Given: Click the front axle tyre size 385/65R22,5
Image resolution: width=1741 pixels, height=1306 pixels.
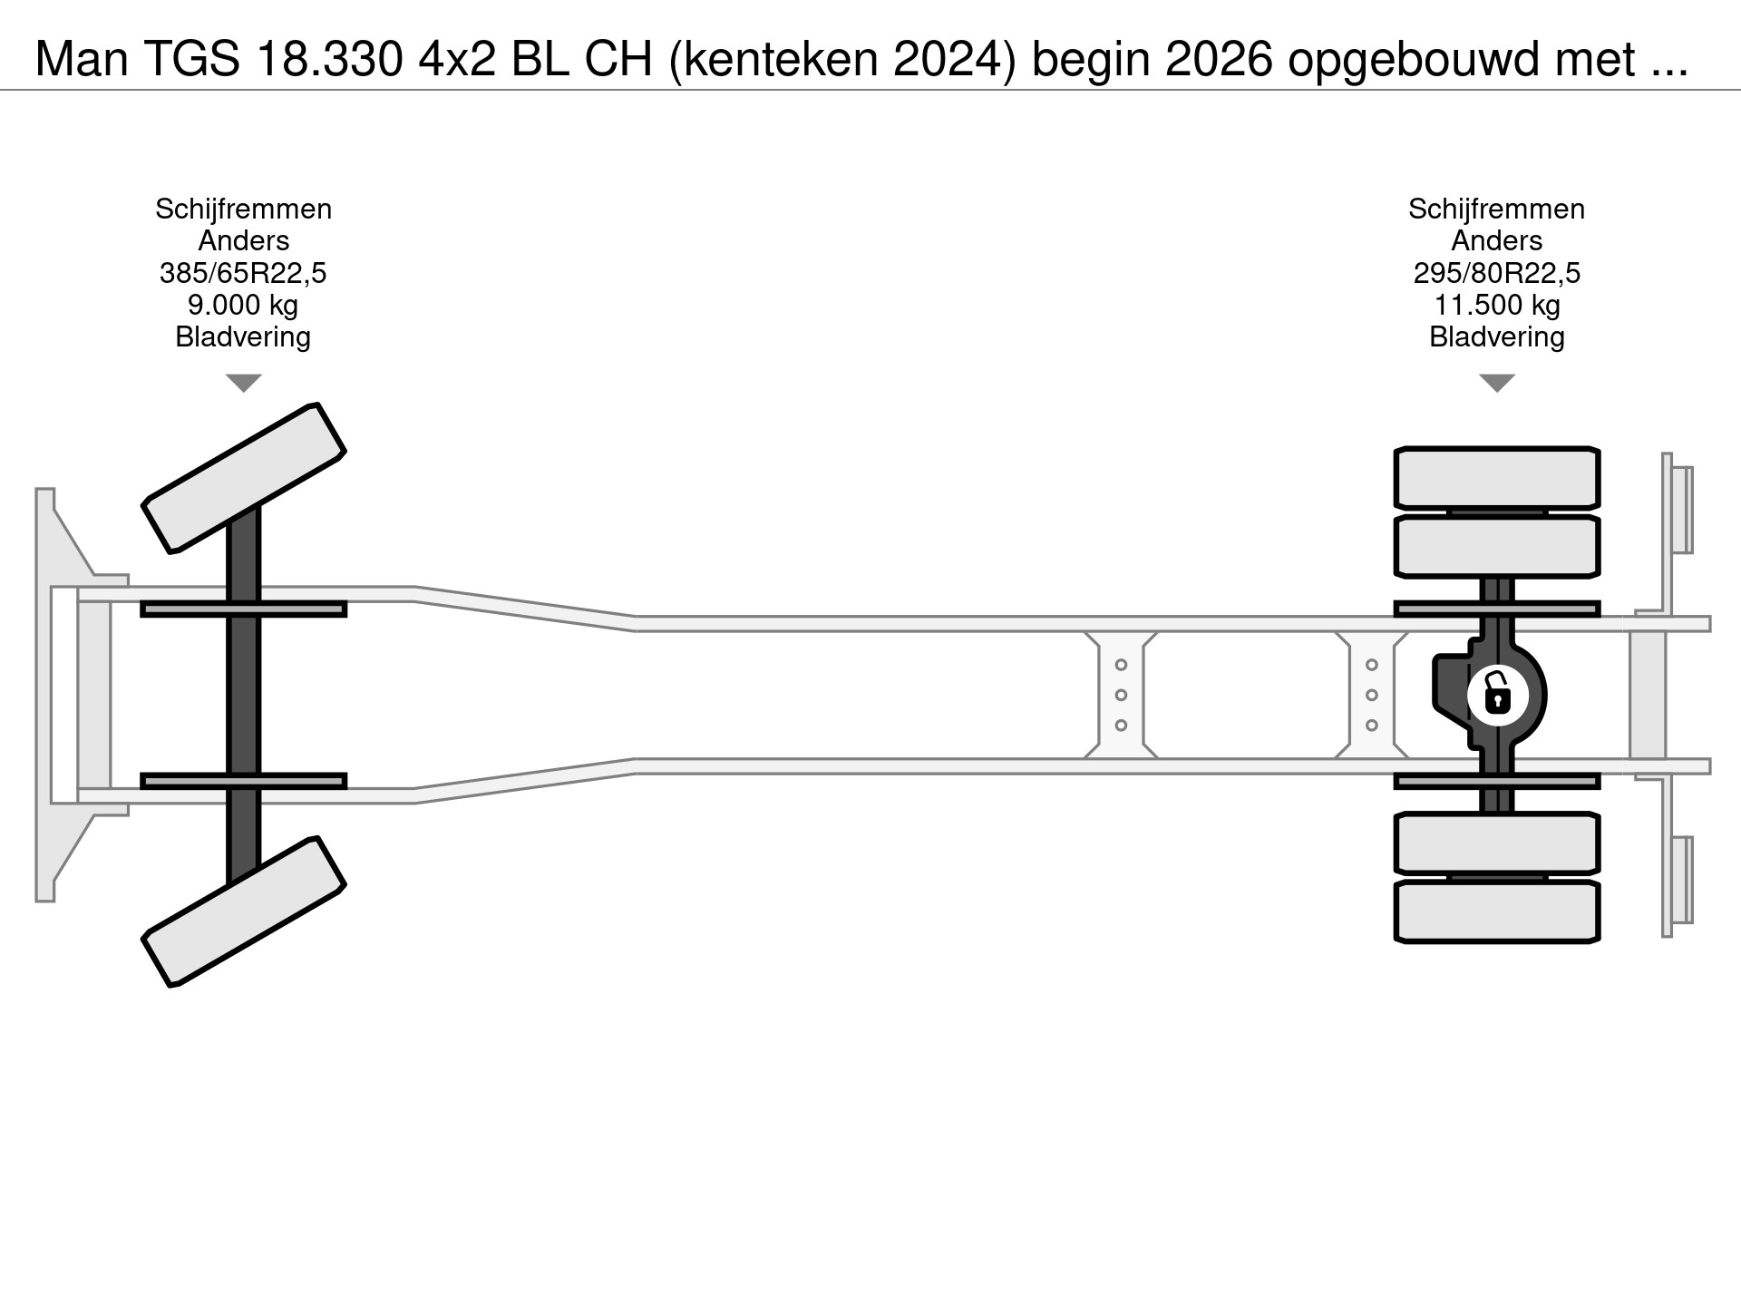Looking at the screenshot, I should click(x=243, y=273).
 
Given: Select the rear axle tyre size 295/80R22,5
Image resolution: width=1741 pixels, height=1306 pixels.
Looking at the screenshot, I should click(x=1496, y=273).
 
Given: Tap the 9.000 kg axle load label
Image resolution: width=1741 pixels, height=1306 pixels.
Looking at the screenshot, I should click(x=243, y=305).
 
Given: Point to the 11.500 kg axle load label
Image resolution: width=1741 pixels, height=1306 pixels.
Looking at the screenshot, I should click(x=1496, y=305).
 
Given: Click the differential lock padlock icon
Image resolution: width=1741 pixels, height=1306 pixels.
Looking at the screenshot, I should click(x=1497, y=696).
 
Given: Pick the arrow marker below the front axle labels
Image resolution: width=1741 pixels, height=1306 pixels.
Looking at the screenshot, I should click(x=243, y=383).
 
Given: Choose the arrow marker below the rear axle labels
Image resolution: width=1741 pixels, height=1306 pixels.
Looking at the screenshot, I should click(x=1496, y=383).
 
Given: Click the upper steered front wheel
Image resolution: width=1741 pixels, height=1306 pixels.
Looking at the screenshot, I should click(x=244, y=478).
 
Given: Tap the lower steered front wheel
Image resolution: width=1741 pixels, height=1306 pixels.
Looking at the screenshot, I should click(x=244, y=911).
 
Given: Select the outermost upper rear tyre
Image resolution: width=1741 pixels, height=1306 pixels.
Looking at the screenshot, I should click(x=1496, y=478).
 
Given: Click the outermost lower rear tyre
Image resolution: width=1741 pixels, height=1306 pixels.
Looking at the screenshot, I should click(x=1496, y=911).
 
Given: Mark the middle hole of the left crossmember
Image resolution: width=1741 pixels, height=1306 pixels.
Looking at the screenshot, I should click(x=1121, y=696).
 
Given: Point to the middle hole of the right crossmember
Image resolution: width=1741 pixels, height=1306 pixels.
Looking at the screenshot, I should click(x=1372, y=696).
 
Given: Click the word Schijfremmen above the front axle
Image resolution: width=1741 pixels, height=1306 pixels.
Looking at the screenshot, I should click(x=243, y=209).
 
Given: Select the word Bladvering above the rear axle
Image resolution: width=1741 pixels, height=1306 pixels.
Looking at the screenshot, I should click(x=1496, y=337).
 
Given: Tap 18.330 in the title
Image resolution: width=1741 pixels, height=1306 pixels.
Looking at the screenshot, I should click(x=330, y=60).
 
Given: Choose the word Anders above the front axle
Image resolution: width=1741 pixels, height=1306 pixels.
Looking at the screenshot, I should click(x=243, y=241).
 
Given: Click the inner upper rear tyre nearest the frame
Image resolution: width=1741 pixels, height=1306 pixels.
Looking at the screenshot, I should click(x=1496, y=547).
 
